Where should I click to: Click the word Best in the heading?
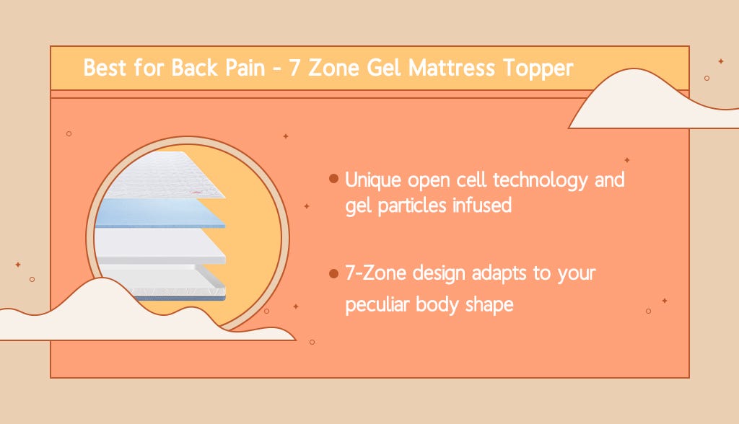[102, 69]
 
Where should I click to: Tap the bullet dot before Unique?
[333, 178]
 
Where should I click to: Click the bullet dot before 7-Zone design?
[333, 274]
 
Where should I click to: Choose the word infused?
[482, 206]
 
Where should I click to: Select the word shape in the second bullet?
[490, 304]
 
